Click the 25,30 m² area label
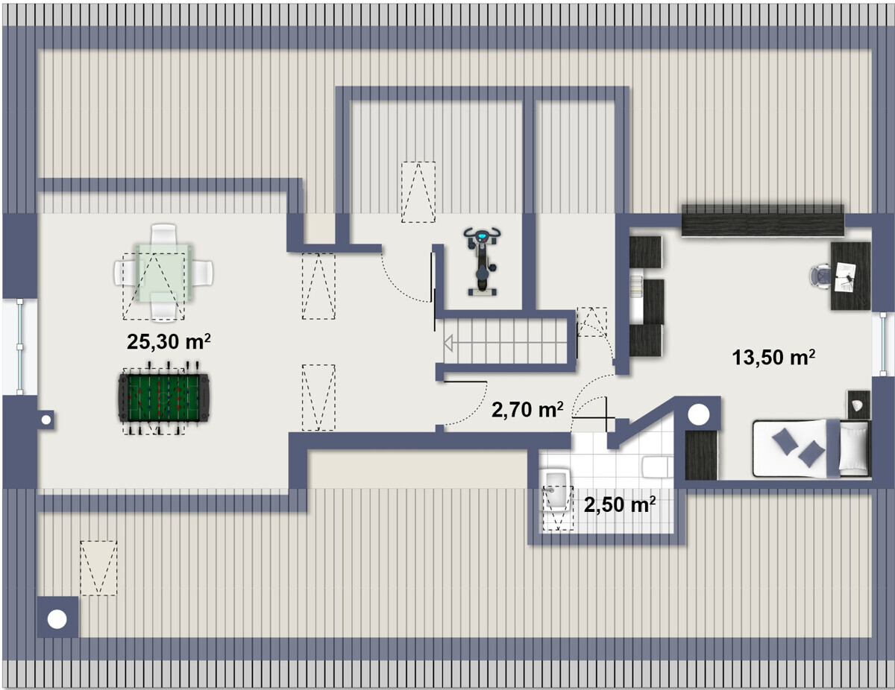(x=169, y=341)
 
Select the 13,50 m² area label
(x=773, y=357)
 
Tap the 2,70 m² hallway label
(x=527, y=409)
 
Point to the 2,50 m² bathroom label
(x=620, y=504)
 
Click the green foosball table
(x=163, y=398)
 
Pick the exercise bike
(x=482, y=262)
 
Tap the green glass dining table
(x=164, y=273)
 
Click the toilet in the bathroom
(x=658, y=467)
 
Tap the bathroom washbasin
(x=556, y=490)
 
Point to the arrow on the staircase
(x=448, y=343)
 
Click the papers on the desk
(x=845, y=278)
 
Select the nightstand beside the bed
(x=858, y=405)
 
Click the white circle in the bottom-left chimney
(x=57, y=618)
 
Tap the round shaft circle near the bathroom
(x=699, y=414)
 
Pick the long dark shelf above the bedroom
(x=762, y=221)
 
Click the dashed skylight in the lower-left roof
(x=98, y=568)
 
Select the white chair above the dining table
(x=163, y=235)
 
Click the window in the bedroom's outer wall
(x=882, y=344)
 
